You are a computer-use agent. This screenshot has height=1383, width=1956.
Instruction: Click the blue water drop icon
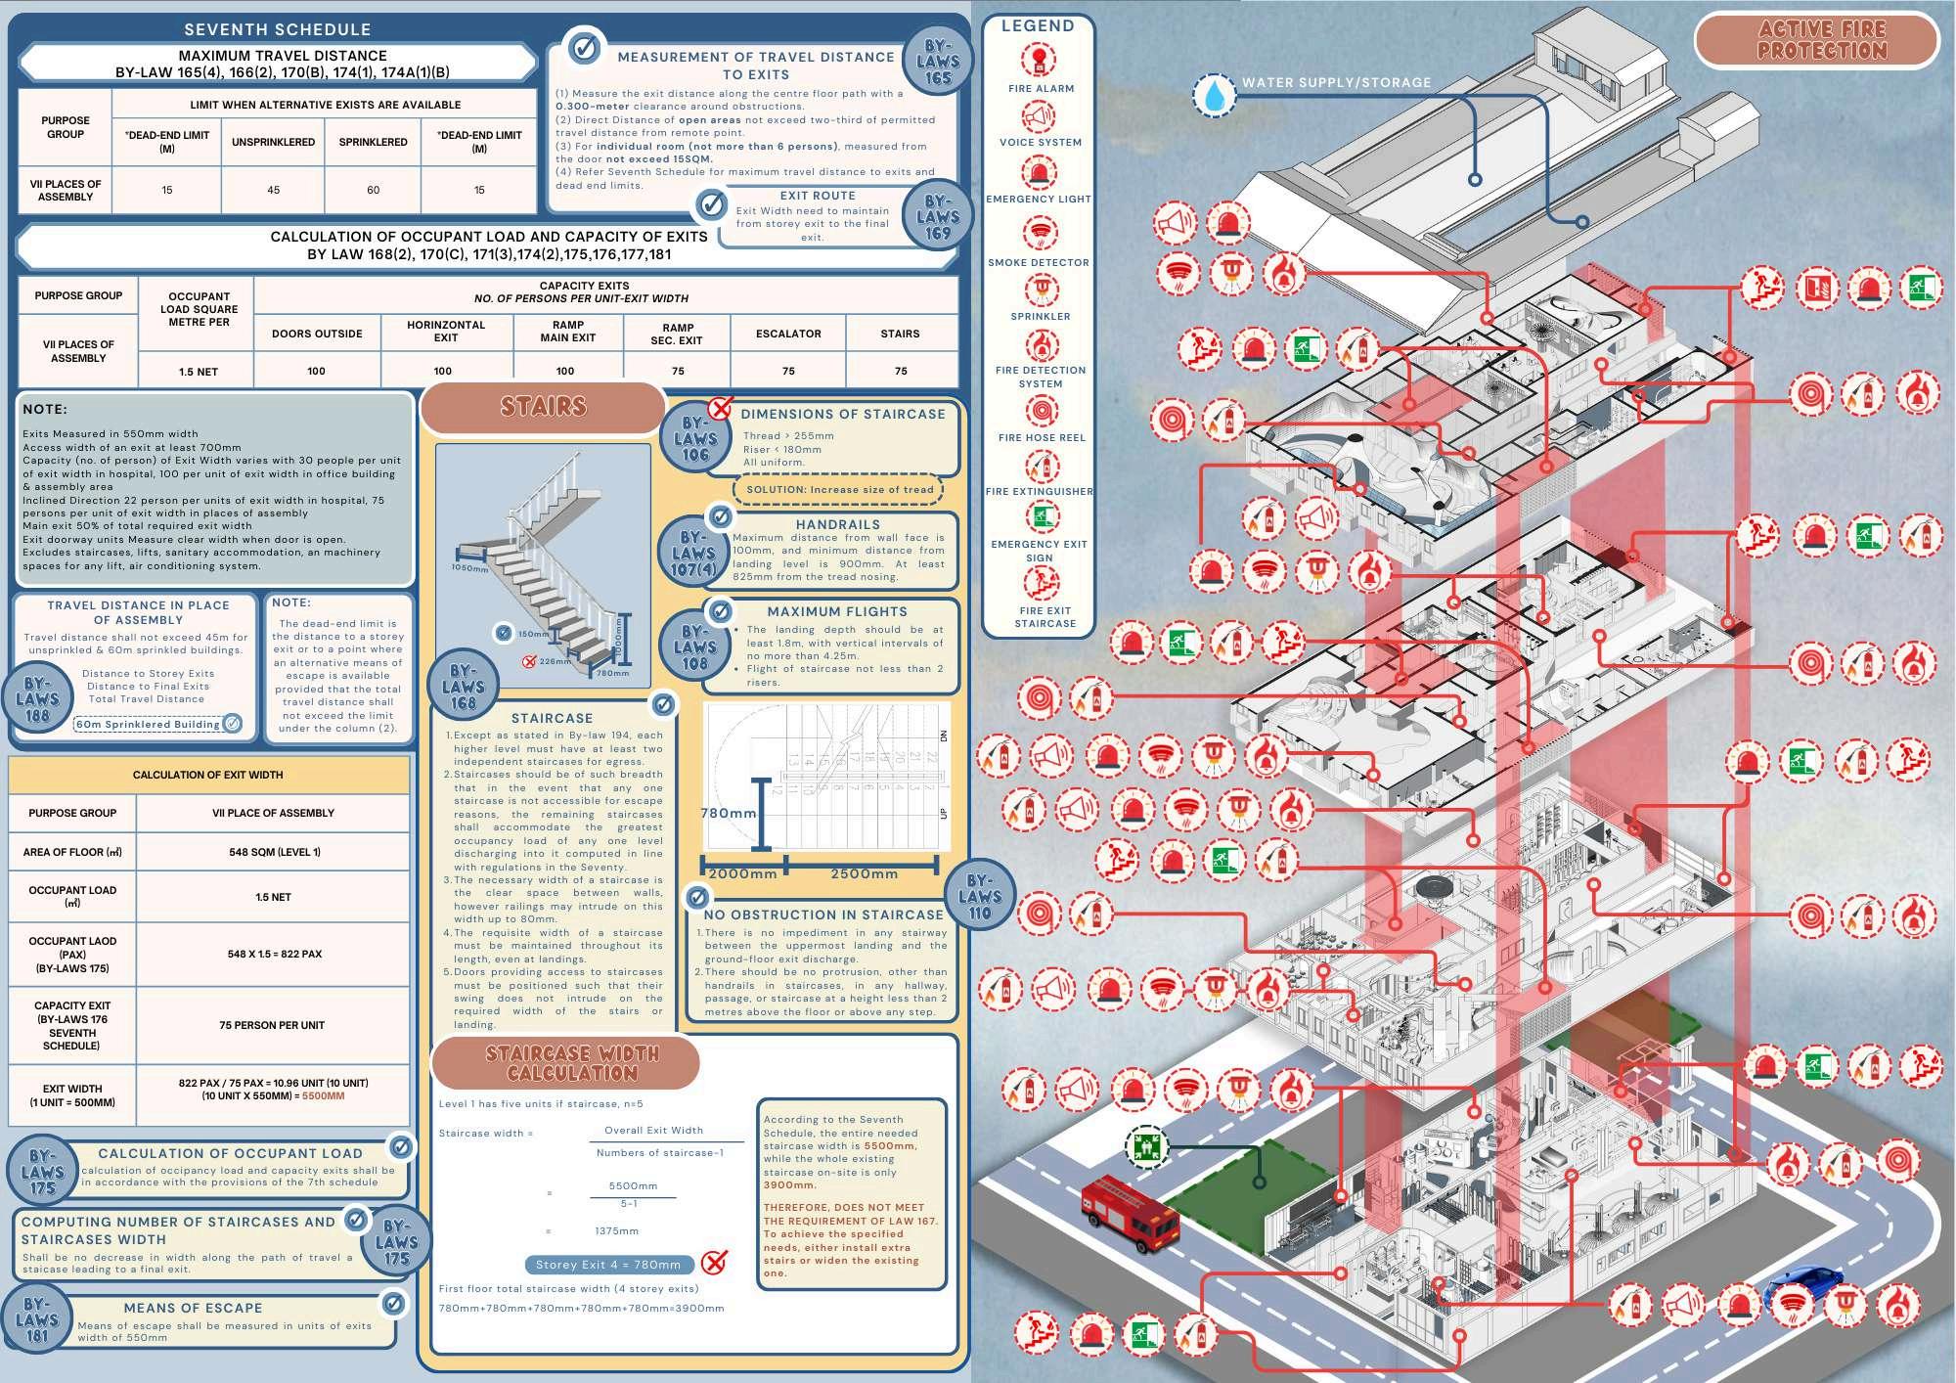(1214, 96)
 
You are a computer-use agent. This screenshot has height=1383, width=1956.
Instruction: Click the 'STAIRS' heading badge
(543, 406)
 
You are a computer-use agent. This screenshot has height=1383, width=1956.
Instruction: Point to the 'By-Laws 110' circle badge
(980, 896)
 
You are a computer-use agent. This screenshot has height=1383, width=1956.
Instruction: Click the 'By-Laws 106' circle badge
(694, 439)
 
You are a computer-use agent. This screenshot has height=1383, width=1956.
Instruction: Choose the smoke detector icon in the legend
(1040, 232)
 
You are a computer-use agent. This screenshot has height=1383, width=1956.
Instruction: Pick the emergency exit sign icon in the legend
(1041, 515)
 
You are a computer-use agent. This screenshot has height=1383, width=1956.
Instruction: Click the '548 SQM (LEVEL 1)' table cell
(274, 852)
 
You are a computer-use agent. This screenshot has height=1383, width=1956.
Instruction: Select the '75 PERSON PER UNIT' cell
(272, 1025)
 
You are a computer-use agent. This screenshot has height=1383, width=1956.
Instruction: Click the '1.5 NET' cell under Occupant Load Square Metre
(199, 372)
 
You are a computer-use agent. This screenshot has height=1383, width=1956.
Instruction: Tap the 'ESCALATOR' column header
(788, 334)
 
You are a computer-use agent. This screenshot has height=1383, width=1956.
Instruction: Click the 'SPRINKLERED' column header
(373, 142)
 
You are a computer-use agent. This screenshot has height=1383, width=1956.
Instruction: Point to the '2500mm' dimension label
(864, 873)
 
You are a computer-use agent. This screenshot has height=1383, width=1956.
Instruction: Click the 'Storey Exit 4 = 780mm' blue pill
(608, 1265)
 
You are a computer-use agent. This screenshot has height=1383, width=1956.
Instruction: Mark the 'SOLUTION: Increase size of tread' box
(838, 489)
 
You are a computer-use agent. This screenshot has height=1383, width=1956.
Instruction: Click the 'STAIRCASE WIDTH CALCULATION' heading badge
(572, 1063)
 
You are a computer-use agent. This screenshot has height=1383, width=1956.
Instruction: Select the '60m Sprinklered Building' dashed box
(149, 725)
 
